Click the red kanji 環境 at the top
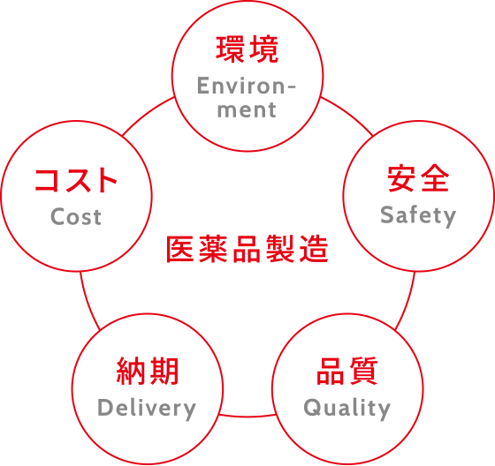coord(247,49)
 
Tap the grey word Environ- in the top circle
coord(247,86)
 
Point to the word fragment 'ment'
coord(247,109)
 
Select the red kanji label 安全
coord(418,178)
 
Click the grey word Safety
coord(418,215)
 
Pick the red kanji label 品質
coord(347,371)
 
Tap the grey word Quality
coord(347,409)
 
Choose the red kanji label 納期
coord(148,371)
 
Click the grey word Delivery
coord(147,409)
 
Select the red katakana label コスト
coord(76,180)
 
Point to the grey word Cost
coord(76,216)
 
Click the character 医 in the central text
coord(180,249)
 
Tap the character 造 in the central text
coord(314,249)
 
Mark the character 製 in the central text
coord(281,249)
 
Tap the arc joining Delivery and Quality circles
coord(247,417)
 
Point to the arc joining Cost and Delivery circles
coord(88,302)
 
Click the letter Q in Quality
coord(312,408)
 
